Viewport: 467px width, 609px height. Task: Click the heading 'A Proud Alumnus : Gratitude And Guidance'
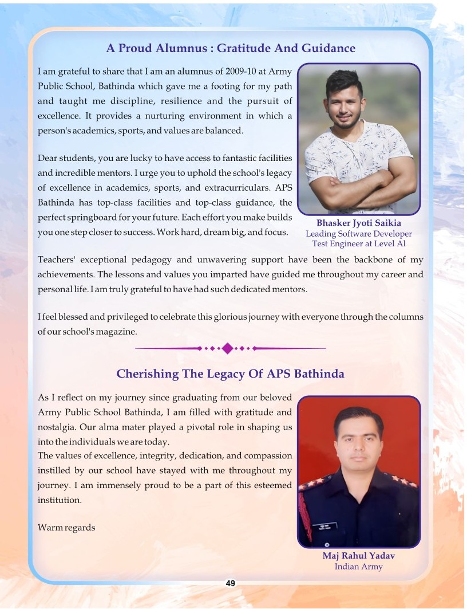[231, 48]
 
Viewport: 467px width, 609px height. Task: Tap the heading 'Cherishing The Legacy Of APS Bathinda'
[230, 374]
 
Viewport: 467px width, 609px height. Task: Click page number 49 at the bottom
[231, 583]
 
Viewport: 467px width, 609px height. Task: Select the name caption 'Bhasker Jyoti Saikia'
[359, 223]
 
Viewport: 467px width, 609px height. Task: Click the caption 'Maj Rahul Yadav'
[359, 556]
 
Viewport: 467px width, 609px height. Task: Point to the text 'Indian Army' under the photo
[359, 567]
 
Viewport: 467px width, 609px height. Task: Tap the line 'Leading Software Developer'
[359, 234]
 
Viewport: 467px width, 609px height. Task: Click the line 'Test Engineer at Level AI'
[359, 243]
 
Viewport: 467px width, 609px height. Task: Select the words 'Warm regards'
[66, 527]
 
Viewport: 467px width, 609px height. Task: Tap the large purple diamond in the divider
[228, 348]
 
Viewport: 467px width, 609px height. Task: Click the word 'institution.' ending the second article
[60, 500]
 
